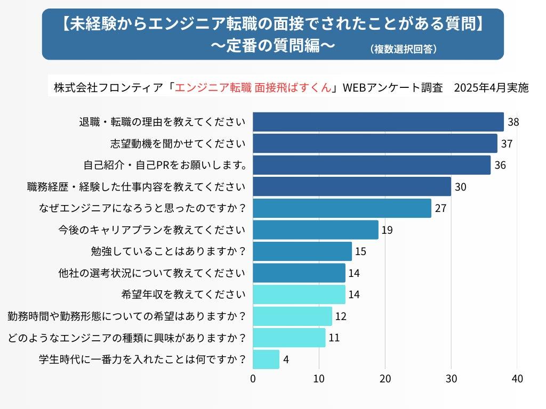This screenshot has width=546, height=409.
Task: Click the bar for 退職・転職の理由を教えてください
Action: (378, 122)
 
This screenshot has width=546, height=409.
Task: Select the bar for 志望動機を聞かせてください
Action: (374, 143)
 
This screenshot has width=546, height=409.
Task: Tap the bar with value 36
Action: (371, 165)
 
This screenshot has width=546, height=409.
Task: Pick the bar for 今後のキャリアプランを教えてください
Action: (315, 230)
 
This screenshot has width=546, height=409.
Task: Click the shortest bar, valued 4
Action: (266, 359)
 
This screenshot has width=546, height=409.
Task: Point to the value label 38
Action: (513, 122)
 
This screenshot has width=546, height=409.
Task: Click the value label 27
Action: (440, 208)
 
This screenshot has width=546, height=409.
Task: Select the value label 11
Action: (334, 338)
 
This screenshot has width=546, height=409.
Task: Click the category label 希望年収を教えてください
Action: (184, 295)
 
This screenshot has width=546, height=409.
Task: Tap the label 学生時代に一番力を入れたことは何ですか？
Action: (142, 359)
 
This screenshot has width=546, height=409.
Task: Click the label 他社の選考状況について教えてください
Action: (152, 273)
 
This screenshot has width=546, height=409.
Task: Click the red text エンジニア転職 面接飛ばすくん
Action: (252, 88)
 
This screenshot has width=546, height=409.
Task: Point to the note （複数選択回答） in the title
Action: (404, 49)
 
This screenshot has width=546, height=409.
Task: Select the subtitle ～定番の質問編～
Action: (273, 46)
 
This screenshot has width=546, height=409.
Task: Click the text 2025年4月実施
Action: (491, 88)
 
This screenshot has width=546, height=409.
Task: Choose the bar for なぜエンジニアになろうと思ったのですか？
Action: (342, 208)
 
